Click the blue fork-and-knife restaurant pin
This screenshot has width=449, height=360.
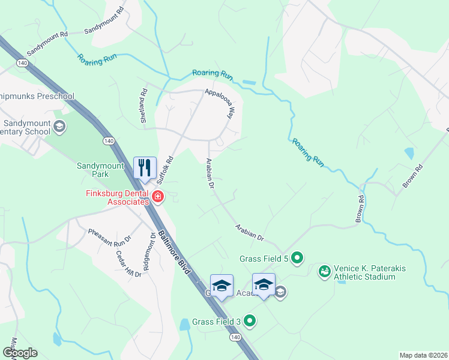point(144,167)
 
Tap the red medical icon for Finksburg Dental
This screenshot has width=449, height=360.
point(157,196)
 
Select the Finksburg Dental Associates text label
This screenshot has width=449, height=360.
point(117,197)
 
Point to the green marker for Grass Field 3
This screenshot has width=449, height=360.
point(250,322)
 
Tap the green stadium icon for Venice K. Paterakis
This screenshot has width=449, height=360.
point(325,272)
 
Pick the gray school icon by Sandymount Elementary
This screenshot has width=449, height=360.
point(59,127)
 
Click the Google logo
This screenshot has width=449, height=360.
point(20,353)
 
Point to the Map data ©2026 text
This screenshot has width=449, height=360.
point(423,355)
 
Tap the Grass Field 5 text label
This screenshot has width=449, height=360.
point(265,259)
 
